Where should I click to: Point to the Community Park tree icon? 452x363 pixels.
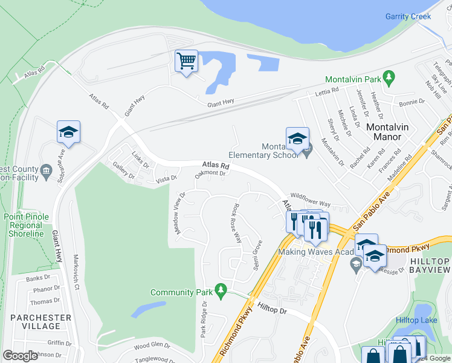pos(221,292)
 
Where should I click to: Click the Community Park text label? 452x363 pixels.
pos(180,292)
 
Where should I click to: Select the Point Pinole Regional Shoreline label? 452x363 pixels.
pos(24,225)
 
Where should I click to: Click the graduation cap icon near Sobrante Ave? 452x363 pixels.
pos(68,132)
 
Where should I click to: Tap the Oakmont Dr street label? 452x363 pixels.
pos(210,174)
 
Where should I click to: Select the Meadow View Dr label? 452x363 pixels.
pos(179,215)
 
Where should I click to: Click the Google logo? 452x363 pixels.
pos(20,356)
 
